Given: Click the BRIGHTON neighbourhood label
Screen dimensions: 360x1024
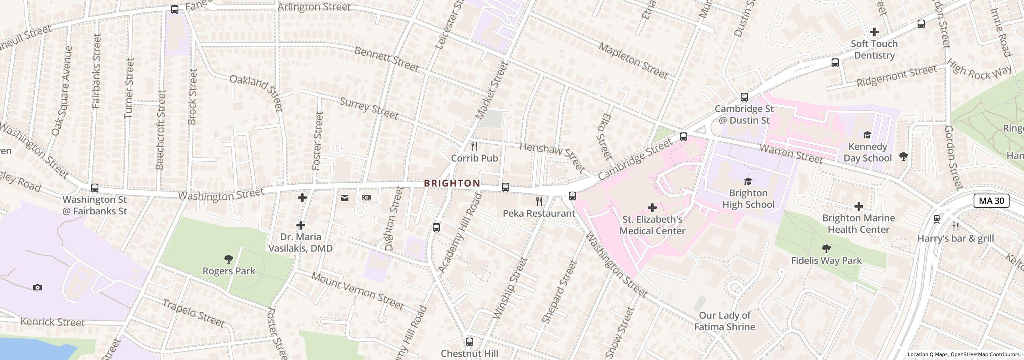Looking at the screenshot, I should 452,183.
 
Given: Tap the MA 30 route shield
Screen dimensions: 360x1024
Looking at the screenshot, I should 991,200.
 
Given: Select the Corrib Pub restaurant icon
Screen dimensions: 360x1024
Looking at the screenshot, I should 474,146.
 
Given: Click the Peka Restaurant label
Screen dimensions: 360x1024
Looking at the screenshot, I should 539,213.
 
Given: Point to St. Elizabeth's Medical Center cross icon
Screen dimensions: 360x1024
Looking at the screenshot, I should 652,207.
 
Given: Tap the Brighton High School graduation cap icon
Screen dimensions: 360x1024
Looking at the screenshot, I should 748,181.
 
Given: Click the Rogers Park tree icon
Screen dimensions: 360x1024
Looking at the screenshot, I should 229,259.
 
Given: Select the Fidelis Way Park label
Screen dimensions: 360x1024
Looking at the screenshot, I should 826,260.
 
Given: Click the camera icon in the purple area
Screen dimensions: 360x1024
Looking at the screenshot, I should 37,287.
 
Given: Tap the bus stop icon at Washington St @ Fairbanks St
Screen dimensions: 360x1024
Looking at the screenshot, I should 95,188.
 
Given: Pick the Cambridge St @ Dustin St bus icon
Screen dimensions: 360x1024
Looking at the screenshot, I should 744,97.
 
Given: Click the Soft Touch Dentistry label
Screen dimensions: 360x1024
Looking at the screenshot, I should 874,50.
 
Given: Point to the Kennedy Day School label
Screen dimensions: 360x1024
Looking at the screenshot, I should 867,152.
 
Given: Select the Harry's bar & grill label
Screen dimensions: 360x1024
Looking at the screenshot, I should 955,238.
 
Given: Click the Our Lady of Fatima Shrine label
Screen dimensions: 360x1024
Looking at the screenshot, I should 724,321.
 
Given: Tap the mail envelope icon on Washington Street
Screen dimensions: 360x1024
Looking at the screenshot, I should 345,198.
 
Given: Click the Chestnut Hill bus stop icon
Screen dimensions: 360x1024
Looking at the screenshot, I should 470,342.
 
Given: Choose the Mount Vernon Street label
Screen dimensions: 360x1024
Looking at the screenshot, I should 357,291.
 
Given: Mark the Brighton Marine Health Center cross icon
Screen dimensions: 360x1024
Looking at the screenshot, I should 858,206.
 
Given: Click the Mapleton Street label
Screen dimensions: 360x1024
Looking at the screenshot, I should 633,60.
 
